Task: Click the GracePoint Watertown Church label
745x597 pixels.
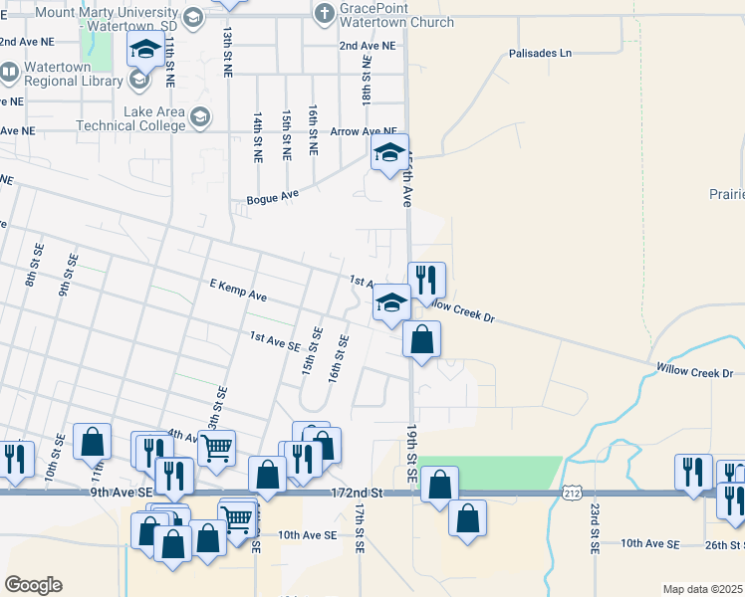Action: (396, 14)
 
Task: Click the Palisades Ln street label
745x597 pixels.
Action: (541, 53)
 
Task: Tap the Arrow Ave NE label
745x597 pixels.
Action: (364, 131)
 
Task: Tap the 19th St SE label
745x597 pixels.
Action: (410, 454)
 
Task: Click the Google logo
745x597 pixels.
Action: (33, 584)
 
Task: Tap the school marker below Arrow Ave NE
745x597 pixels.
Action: (388, 153)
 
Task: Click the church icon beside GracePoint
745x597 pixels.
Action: (324, 13)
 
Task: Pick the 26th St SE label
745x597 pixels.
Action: (723, 544)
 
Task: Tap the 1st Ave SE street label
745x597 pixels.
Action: (275, 341)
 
